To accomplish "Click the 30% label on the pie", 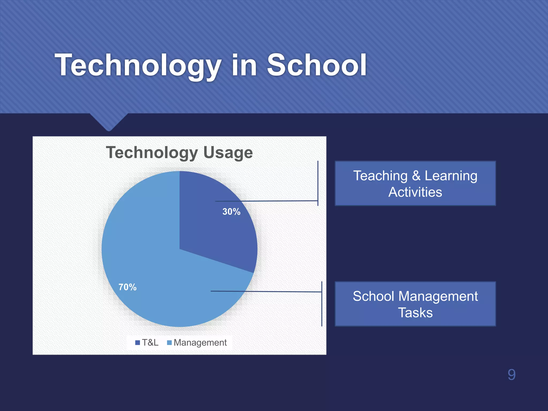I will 231,212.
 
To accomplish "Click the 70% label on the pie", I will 127,287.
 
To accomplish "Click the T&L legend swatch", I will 138,342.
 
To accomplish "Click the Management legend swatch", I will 169,342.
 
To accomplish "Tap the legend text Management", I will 200,342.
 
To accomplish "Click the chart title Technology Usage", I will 179,153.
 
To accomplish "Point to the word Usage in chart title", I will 228,153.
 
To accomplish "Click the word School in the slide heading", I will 317,65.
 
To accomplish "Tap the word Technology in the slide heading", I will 138,65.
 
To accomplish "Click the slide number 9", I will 511,375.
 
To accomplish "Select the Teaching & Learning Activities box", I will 415,184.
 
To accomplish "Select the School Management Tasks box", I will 415,304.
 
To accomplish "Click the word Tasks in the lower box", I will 415,313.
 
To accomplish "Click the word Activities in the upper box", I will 415,192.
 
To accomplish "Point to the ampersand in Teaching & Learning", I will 416,176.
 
